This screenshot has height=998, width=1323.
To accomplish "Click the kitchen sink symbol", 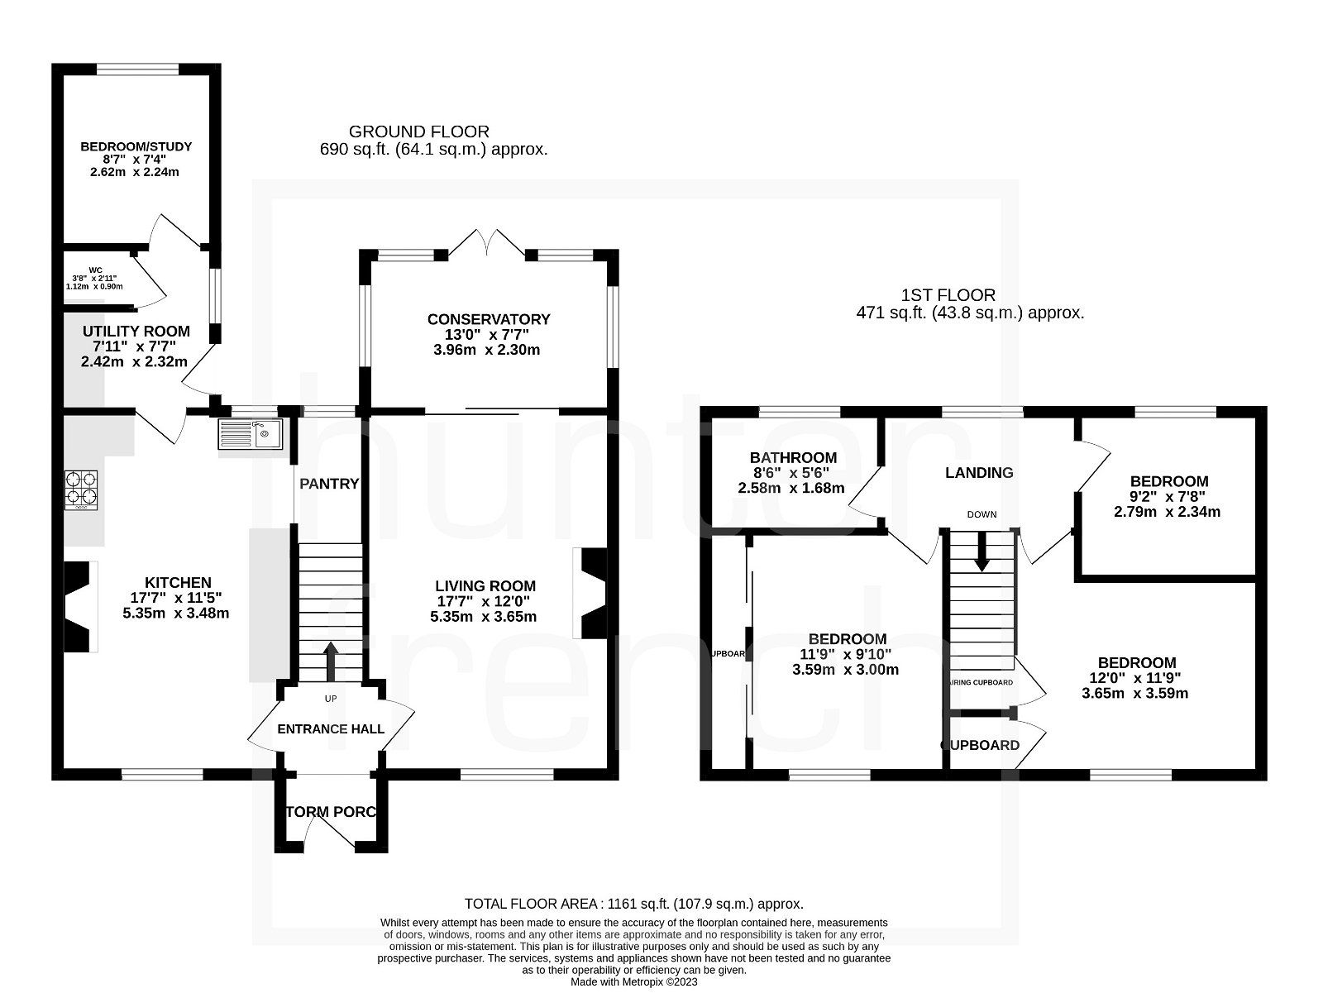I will click(251, 433).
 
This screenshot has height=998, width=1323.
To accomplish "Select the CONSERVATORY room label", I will click(488, 319).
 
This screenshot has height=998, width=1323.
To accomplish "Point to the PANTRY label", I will click(329, 484).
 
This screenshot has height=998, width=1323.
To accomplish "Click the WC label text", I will click(95, 270).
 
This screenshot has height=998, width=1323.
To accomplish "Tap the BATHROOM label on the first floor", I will click(793, 457).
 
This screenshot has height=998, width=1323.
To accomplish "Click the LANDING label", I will click(979, 472).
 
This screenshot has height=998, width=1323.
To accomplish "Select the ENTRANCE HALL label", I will click(331, 728).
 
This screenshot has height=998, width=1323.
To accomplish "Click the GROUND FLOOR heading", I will click(418, 131).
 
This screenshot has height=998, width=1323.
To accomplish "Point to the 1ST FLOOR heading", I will click(948, 294).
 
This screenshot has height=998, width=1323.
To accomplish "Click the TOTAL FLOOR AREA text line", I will click(633, 904).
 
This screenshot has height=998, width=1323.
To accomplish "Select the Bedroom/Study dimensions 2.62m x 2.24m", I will click(136, 173).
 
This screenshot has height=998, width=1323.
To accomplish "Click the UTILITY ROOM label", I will click(136, 331).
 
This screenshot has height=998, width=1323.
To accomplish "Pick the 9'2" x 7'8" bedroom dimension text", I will click(1167, 497).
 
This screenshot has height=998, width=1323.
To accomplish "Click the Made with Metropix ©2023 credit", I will click(633, 982).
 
